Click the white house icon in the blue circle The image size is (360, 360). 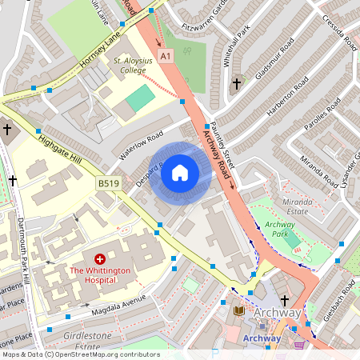[x=180, y=172]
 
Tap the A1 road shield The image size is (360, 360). [x=165, y=56]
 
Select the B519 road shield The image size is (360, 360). [x=109, y=183]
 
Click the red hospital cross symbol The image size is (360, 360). [x=100, y=259]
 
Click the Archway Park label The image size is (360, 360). [x=280, y=230]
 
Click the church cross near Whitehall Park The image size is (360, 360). [x=236, y=83]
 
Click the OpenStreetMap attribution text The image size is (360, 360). [x=80, y=354]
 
